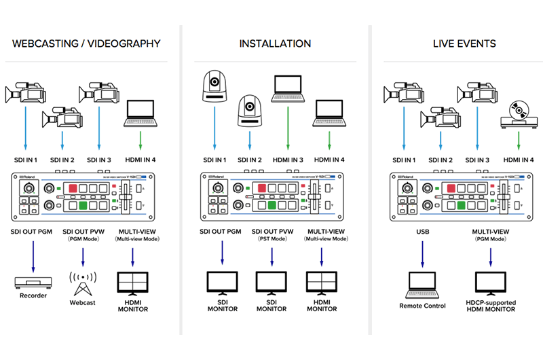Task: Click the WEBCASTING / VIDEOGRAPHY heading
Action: tap(86, 43)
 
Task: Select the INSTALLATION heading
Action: tap(275, 43)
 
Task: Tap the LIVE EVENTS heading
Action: tap(464, 43)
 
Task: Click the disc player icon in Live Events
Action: tap(519, 113)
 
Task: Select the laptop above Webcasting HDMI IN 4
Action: tap(141, 113)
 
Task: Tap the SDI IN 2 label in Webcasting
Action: tap(62, 160)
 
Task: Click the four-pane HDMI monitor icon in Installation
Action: tap(322, 282)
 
